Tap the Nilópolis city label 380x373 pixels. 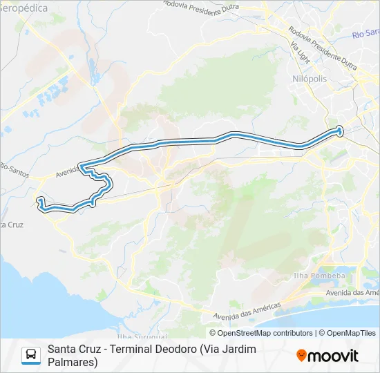[x=309, y=79]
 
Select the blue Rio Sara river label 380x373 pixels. [x=365, y=33]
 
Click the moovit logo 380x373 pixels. [x=327, y=356]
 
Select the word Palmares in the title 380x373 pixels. [x=73, y=361]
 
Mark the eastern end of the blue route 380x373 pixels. [x=339, y=129]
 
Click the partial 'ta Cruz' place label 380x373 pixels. [x=12, y=225]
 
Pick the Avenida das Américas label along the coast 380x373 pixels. [x=247, y=309]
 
